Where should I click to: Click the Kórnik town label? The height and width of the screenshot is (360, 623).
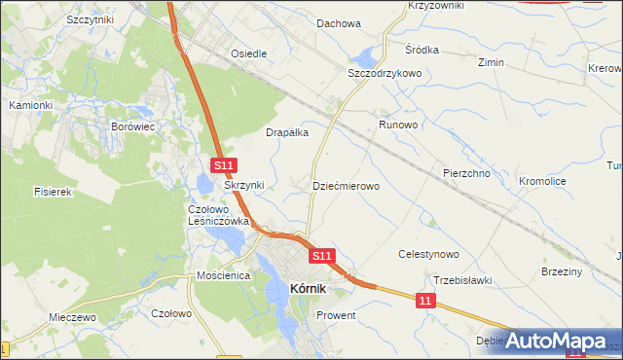[x=315, y=288]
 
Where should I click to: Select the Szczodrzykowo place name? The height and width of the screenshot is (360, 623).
[x=384, y=73]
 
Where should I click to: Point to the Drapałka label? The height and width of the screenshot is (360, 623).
[x=287, y=132]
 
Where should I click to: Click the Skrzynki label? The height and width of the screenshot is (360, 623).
[x=244, y=185]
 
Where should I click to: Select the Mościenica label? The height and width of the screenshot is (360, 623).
[x=223, y=276]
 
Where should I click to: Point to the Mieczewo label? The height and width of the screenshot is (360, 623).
[x=72, y=318]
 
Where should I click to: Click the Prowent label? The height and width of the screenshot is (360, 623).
[x=336, y=316]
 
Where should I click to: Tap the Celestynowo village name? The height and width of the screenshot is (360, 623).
[x=428, y=254]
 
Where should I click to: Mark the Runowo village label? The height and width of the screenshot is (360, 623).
[x=398, y=126]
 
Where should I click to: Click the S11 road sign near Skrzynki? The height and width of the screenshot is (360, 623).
[x=223, y=167]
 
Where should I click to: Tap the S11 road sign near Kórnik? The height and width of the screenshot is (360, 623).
[x=323, y=255]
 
